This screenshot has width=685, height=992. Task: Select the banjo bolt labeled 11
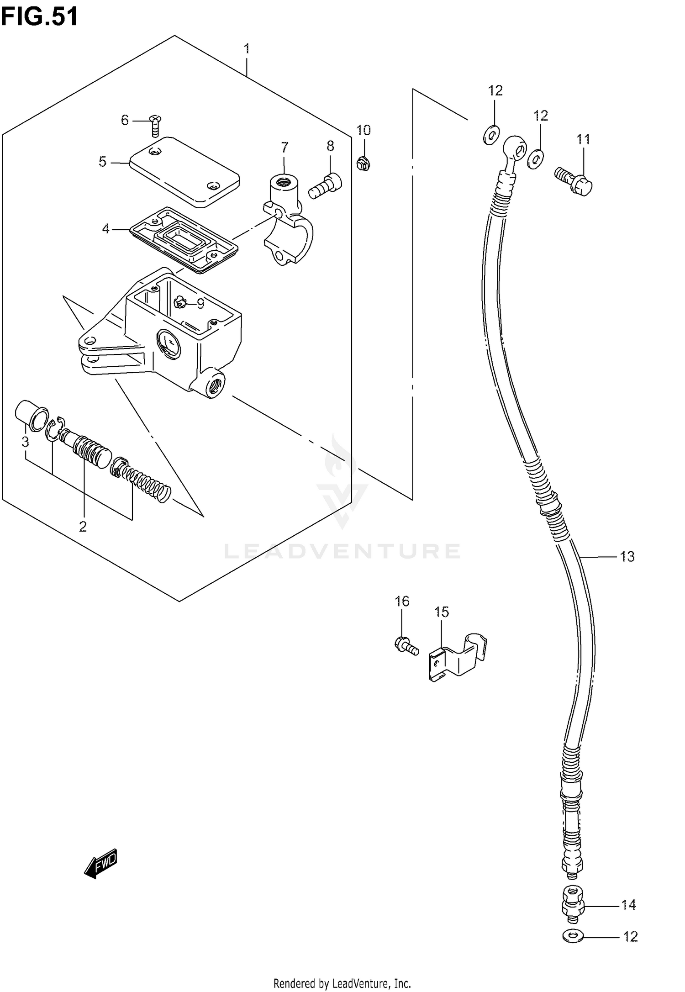(574, 181)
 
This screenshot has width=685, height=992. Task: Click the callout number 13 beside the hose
(627, 556)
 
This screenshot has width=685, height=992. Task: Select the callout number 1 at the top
(247, 48)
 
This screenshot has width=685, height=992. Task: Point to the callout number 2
(83, 527)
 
